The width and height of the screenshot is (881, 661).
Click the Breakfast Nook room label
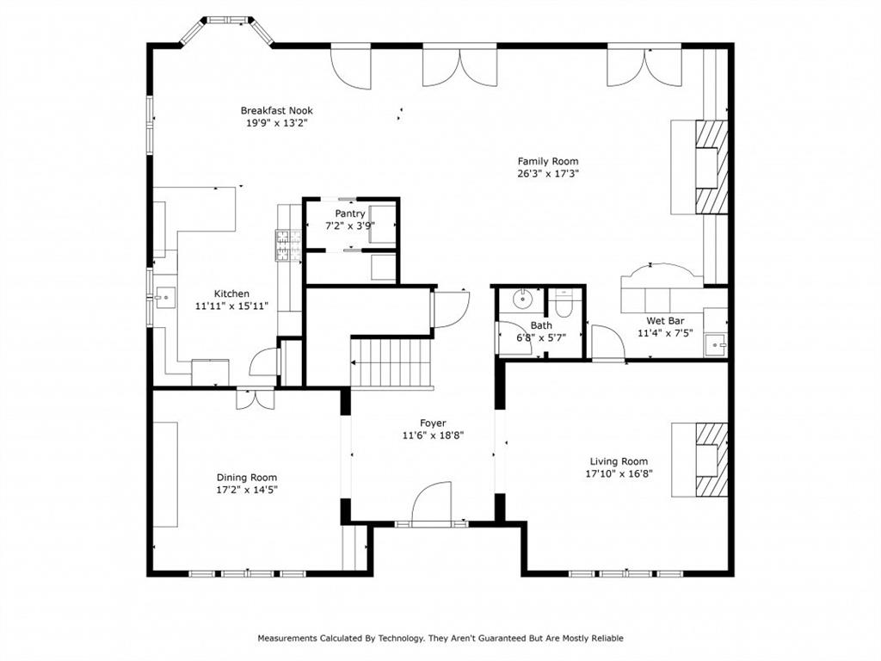click(x=276, y=110)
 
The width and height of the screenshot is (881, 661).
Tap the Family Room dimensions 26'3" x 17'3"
click(x=547, y=174)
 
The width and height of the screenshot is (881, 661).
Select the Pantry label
click(x=350, y=213)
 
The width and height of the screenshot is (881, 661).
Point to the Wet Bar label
click(x=665, y=320)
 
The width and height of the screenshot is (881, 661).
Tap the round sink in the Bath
click(x=521, y=300)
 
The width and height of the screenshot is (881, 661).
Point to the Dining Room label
click(x=246, y=478)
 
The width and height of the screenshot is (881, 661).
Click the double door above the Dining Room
click(x=255, y=398)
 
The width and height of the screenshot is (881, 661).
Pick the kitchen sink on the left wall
click(x=164, y=299)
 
